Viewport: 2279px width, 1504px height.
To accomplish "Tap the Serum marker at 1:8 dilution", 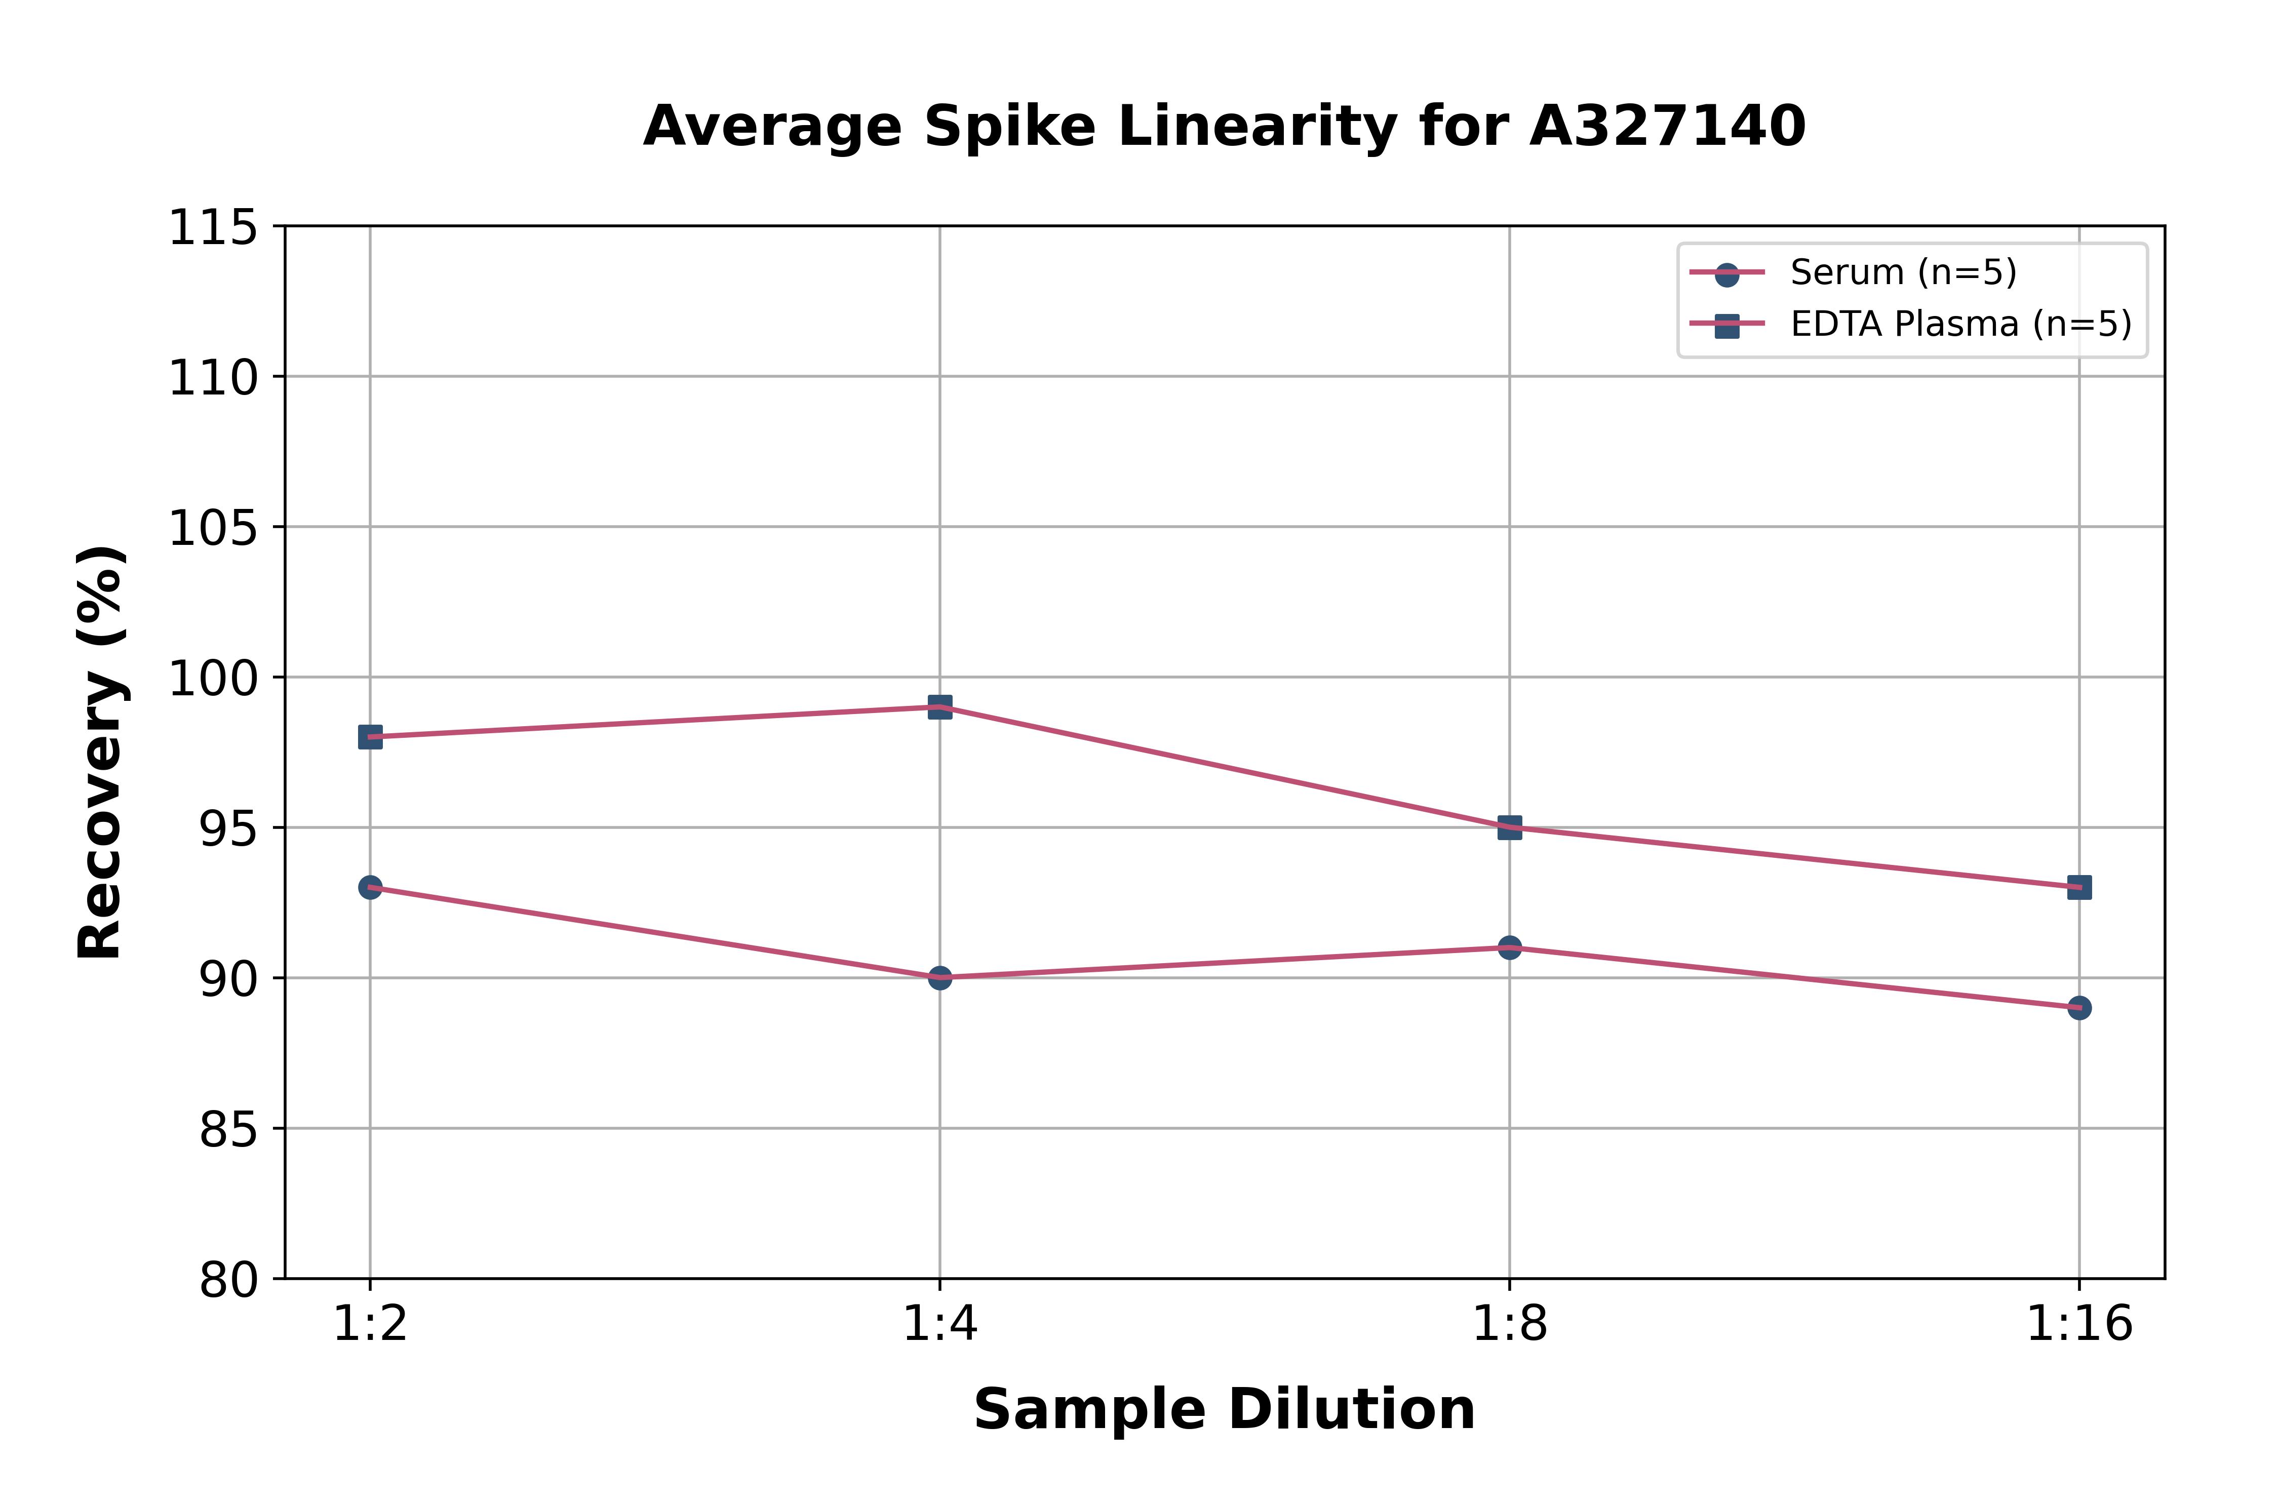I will (1510, 947).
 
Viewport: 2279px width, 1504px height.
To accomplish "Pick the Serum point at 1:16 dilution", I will (2079, 1008).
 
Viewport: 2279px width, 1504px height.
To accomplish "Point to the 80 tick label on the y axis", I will (228, 1281).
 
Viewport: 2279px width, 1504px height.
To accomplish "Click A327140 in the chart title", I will (1667, 127).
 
